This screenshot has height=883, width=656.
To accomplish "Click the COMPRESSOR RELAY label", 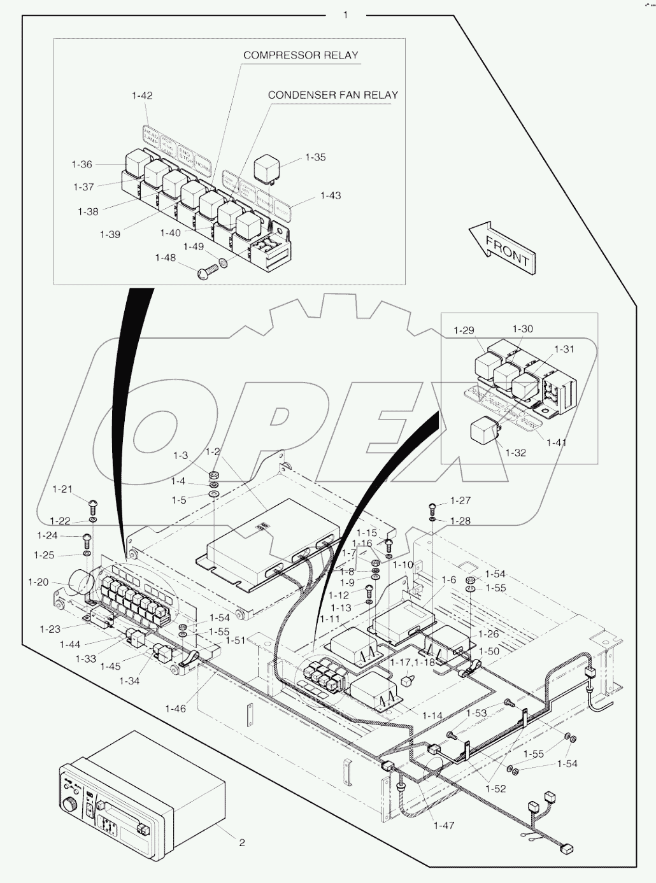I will [301, 55].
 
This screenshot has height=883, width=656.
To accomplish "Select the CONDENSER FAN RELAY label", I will [332, 95].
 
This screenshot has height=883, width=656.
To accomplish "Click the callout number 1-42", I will [142, 95].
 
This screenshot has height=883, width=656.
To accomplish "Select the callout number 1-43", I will [330, 195].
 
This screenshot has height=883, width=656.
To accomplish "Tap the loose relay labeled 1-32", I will [484, 432].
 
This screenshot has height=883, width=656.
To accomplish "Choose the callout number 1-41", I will [556, 442].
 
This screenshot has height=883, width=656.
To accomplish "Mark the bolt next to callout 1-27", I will [433, 507].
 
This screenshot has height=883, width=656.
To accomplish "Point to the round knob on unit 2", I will [69, 806].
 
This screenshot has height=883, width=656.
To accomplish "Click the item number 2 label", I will [242, 843].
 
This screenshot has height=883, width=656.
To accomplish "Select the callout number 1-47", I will [444, 825].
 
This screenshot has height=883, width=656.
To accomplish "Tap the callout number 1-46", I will [175, 709].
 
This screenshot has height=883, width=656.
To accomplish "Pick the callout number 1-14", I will [432, 716].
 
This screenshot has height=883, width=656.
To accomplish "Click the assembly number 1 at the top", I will [346, 14].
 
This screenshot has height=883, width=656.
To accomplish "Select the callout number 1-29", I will [464, 330].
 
